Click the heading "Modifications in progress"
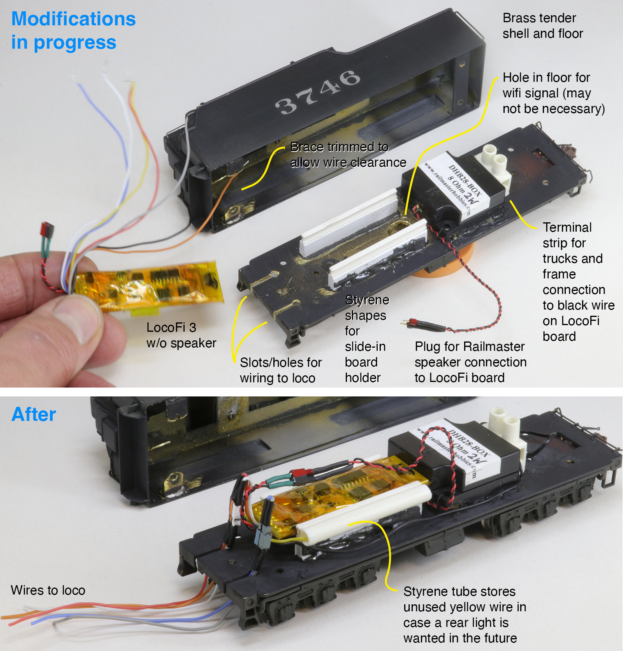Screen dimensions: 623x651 coord(73,30)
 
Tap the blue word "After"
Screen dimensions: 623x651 coord(33,414)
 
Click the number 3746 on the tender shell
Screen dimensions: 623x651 coord(317,92)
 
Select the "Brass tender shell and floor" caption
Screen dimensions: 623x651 coord(543,26)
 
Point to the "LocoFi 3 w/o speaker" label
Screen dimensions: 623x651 coord(181,335)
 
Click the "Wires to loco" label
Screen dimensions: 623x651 coord(48,590)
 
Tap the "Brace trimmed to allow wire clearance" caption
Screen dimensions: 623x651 coord(348,155)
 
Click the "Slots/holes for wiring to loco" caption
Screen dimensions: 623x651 coord(281,370)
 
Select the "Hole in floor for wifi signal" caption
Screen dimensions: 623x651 coord(554,93)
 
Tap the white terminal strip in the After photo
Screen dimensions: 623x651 coord(508,432)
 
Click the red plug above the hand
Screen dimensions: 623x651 coord(48,229)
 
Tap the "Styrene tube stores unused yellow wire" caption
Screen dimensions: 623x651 coord(465,615)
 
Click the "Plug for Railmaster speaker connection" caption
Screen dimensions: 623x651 coord(470,362)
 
